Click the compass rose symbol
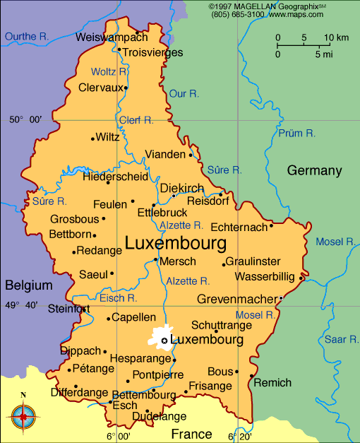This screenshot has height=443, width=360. pyautogui.click(x=23, y=415)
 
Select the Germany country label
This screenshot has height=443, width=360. pyautogui.click(x=314, y=170)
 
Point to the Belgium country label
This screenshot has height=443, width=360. pyautogui.click(x=29, y=285)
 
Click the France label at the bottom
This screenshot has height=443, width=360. pyautogui.click(x=191, y=434)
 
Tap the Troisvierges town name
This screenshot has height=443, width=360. pyautogui.click(x=152, y=52)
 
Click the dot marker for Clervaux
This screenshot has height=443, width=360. pyautogui.click(x=126, y=88)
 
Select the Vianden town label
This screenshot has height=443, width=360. pyautogui.click(x=164, y=154)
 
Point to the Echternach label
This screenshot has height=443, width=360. pyautogui.click(x=239, y=227)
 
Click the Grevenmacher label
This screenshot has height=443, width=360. pyautogui.click(x=237, y=299)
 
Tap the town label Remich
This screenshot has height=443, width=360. pyautogui.click(x=272, y=383)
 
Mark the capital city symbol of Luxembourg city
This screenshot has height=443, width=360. pyautogui.click(x=164, y=341)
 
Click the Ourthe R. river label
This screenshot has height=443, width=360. pyautogui.click(x=27, y=37)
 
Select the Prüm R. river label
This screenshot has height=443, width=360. pyautogui.click(x=296, y=133)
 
